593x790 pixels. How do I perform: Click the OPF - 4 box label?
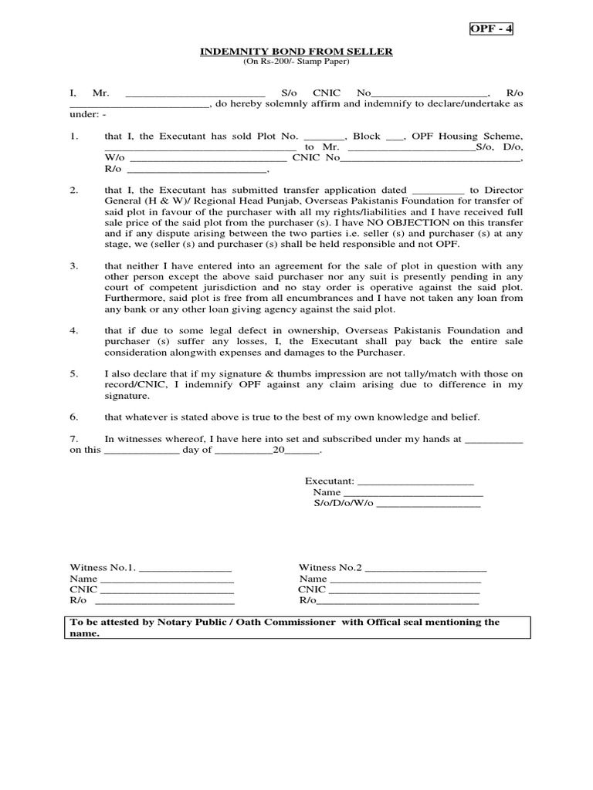pyautogui.click(x=492, y=29)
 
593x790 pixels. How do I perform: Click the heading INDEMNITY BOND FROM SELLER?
pyautogui.click(x=296, y=51)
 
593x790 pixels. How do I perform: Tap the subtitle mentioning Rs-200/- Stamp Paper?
pyautogui.click(x=296, y=61)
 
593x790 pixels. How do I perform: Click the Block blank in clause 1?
pyautogui.click(x=395, y=137)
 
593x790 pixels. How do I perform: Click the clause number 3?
pyautogui.click(x=73, y=265)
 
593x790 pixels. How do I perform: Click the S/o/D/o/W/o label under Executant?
pyautogui.click(x=343, y=503)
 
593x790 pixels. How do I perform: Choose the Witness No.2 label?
pyautogui.click(x=330, y=568)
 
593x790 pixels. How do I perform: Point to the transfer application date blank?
pyautogui.click(x=439, y=190)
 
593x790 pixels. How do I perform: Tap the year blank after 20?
pyautogui.click(x=302, y=451)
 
